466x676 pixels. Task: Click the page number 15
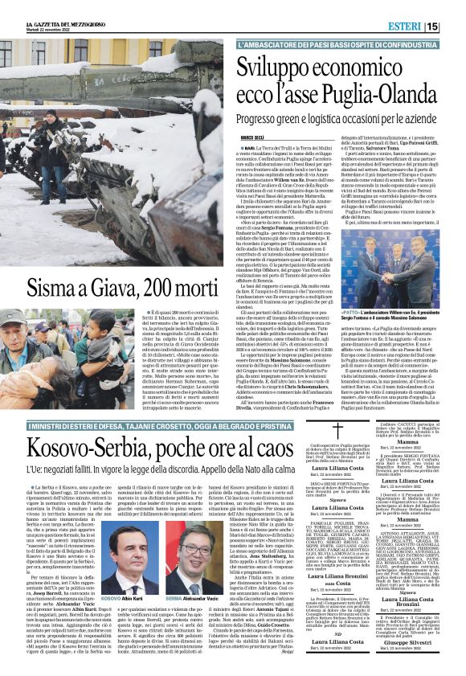(455, 27)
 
